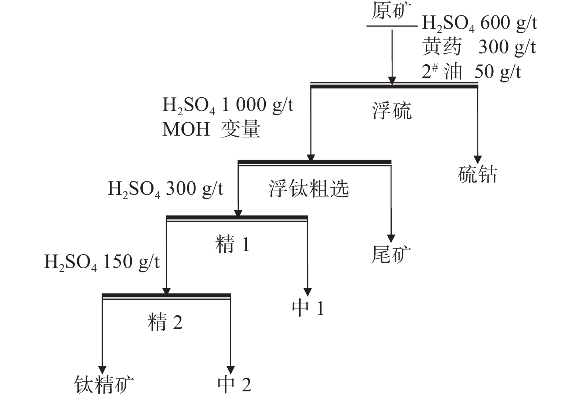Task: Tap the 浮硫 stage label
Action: (x=392, y=111)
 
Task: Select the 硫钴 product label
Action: (x=477, y=174)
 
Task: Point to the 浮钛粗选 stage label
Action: (x=309, y=189)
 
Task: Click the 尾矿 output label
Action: (x=391, y=255)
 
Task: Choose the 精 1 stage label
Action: (x=233, y=245)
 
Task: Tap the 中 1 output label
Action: (x=308, y=308)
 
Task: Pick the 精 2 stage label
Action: (x=165, y=322)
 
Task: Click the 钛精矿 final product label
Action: (x=104, y=385)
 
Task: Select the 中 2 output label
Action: (x=234, y=385)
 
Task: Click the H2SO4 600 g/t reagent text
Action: (x=479, y=24)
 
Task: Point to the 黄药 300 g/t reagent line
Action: (x=479, y=47)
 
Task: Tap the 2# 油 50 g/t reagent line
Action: (x=472, y=71)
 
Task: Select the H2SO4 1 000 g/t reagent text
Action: (x=228, y=105)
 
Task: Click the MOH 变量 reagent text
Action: (x=211, y=129)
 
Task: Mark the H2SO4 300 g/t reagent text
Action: (x=166, y=189)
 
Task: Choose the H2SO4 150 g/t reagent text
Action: (x=102, y=262)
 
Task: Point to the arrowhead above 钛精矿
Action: (x=102, y=370)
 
